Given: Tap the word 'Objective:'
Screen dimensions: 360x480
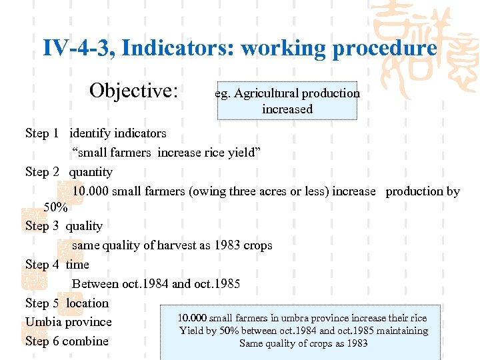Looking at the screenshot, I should tap(133, 91).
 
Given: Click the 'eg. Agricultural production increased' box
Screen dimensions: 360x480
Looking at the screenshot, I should tap(287, 101).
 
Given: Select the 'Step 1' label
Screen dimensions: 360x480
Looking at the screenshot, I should tap(37, 133).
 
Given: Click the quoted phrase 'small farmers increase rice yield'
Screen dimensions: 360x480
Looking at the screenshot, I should tap(166, 152).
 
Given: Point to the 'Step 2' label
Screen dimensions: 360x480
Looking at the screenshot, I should tap(37, 171).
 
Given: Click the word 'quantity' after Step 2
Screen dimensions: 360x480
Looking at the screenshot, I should tap(91, 171).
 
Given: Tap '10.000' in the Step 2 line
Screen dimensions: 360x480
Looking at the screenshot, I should tap(90, 191).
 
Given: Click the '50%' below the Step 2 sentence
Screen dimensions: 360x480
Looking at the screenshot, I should tap(55, 207).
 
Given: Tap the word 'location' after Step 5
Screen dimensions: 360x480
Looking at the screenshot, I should tap(87, 303).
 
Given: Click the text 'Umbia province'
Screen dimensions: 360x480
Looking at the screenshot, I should tap(68, 322).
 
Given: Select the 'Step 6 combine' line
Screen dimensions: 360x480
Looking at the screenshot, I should tap(67, 341).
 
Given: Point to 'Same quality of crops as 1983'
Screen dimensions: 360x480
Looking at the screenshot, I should tap(303, 343).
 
